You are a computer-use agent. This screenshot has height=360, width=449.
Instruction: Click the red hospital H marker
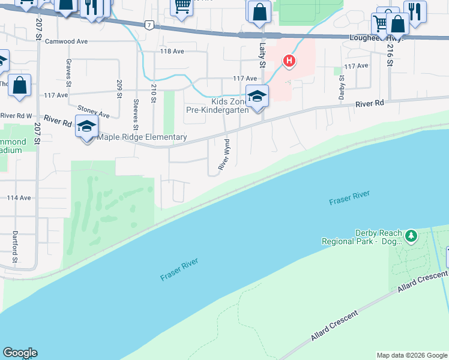tap(289, 61)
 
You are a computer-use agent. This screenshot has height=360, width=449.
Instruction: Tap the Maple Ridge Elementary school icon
tap(87, 126)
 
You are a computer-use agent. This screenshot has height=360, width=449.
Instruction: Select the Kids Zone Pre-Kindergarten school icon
tap(257, 96)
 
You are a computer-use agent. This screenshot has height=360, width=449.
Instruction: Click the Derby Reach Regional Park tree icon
tap(411, 236)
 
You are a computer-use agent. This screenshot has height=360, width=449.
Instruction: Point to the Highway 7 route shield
tap(148, 25)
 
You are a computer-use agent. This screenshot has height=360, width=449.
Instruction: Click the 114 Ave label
tap(19, 197)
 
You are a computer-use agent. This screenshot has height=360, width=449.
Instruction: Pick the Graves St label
tap(69, 73)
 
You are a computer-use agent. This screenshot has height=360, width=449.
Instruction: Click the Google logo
tap(20, 353)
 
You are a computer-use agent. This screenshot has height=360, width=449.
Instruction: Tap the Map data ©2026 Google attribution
tap(411, 355)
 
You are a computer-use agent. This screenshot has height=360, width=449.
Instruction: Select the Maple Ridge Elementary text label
tap(142, 137)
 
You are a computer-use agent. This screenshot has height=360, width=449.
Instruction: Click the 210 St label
tap(154, 94)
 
